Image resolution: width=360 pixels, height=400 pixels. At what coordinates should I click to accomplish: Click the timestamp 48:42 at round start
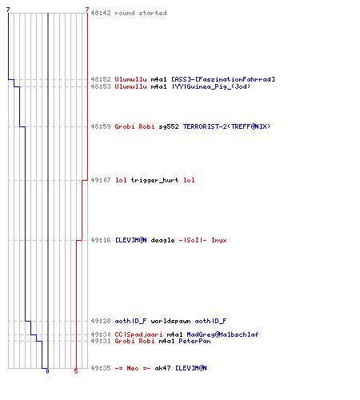pyautogui.click(x=101, y=13)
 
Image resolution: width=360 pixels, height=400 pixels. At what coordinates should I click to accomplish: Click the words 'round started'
pyautogui.click(x=141, y=13)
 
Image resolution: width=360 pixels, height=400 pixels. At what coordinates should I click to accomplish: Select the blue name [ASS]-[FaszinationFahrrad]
pyautogui.click(x=223, y=79)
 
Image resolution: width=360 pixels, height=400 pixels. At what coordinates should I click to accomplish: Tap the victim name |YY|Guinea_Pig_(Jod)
pyautogui.click(x=211, y=86)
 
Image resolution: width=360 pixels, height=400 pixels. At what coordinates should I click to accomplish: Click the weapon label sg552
pyautogui.click(x=169, y=126)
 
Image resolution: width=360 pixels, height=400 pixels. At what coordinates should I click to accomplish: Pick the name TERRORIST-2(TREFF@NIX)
pyautogui.click(x=226, y=126)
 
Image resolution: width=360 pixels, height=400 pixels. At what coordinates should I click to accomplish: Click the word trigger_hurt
pyautogui.click(x=154, y=180)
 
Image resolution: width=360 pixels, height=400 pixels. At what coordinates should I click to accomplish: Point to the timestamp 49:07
pyautogui.click(x=101, y=180)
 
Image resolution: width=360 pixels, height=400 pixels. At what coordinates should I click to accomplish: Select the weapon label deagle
pyautogui.click(x=162, y=240)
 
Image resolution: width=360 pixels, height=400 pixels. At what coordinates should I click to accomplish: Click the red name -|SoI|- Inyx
pyautogui.click(x=202, y=240)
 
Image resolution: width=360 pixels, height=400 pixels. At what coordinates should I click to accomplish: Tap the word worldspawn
pyautogui.click(x=170, y=321)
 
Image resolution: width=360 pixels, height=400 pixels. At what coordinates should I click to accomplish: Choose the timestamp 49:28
pyautogui.click(x=101, y=321)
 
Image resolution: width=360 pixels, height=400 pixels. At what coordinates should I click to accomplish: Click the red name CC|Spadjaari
pyautogui.click(x=138, y=334)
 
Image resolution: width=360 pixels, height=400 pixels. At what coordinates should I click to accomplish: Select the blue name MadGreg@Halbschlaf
pyautogui.click(x=222, y=334)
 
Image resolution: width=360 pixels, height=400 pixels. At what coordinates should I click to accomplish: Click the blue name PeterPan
pyautogui.click(x=194, y=341)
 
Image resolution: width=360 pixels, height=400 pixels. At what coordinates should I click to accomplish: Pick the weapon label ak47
pyautogui.click(x=162, y=368)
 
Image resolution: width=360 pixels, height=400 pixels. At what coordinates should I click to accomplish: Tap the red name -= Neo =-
pyautogui.click(x=133, y=368)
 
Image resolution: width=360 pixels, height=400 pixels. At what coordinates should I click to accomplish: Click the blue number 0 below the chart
pyautogui.click(x=47, y=371)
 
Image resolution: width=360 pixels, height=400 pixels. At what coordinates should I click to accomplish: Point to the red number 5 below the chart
pyautogui.click(x=76, y=371)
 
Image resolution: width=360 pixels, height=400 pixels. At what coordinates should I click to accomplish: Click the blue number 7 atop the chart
pyautogui.click(x=8, y=10)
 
